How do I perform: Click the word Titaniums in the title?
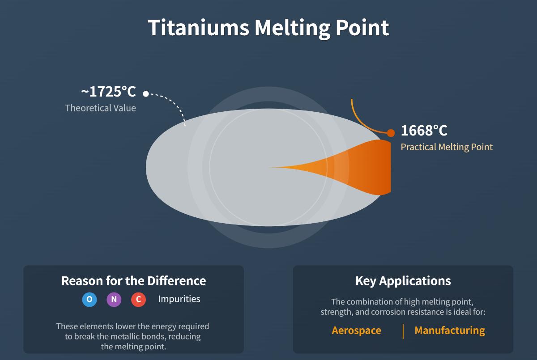199,28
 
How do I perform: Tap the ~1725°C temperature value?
108,92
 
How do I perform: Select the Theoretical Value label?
100,108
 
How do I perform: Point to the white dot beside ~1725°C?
145,93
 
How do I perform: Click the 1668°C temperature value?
424,131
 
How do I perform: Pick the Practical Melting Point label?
446,147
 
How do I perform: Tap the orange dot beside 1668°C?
391,133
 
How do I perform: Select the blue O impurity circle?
89,299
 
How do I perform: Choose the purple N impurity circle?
114,299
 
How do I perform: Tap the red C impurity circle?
138,299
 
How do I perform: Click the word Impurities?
179,299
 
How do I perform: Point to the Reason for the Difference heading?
133,281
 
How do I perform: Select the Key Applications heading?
403,281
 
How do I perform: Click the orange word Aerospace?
356,330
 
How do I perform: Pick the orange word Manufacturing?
449,330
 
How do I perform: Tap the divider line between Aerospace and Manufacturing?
403,331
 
